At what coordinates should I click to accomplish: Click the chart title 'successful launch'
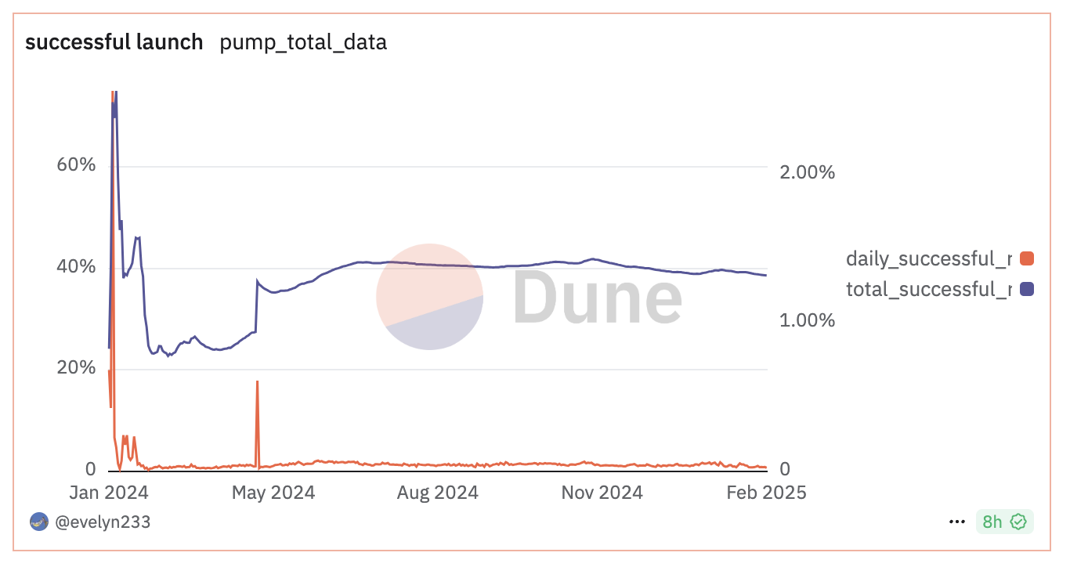[114, 42]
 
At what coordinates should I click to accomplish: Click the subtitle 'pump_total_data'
[303, 42]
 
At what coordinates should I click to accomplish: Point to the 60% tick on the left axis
[76, 165]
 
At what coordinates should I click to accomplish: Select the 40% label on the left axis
[76, 267]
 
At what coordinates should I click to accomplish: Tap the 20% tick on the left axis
[76, 368]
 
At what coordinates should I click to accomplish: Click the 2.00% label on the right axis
[808, 172]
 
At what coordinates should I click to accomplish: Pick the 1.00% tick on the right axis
[808, 320]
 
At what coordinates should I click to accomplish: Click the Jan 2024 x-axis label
[110, 493]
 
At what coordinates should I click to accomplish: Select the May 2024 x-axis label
[273, 493]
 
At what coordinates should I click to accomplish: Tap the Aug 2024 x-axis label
[436, 493]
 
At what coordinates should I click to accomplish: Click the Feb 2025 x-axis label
[765, 493]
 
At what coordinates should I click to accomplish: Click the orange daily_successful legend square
[1027, 258]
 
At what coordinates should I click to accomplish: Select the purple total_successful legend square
[1027, 289]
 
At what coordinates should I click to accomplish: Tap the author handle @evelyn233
[103, 522]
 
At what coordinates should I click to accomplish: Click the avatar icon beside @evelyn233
[39, 522]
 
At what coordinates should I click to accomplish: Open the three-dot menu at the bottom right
[956, 522]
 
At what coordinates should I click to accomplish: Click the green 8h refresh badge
[1004, 522]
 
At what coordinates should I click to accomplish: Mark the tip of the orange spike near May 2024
[257, 382]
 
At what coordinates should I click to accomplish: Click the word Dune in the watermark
[598, 298]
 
